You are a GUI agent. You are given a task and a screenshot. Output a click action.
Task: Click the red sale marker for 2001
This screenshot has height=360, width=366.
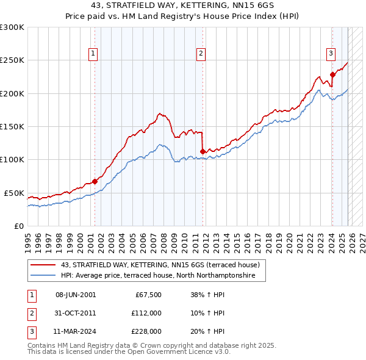[95, 181]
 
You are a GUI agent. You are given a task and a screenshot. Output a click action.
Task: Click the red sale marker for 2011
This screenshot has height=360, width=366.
[203, 152]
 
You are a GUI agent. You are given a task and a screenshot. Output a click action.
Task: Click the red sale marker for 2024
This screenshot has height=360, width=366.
[332, 75]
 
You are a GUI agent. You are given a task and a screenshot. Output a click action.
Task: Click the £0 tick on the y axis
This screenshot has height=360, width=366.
[20, 226]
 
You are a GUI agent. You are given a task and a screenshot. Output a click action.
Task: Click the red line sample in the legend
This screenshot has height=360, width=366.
[43, 265]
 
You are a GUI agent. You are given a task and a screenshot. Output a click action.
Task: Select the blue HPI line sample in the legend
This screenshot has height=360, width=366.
[43, 276]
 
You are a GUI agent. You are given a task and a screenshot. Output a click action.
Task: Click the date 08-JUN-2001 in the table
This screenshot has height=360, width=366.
[75, 295]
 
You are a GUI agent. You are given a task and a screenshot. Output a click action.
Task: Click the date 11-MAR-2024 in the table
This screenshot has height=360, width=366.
[75, 331]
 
